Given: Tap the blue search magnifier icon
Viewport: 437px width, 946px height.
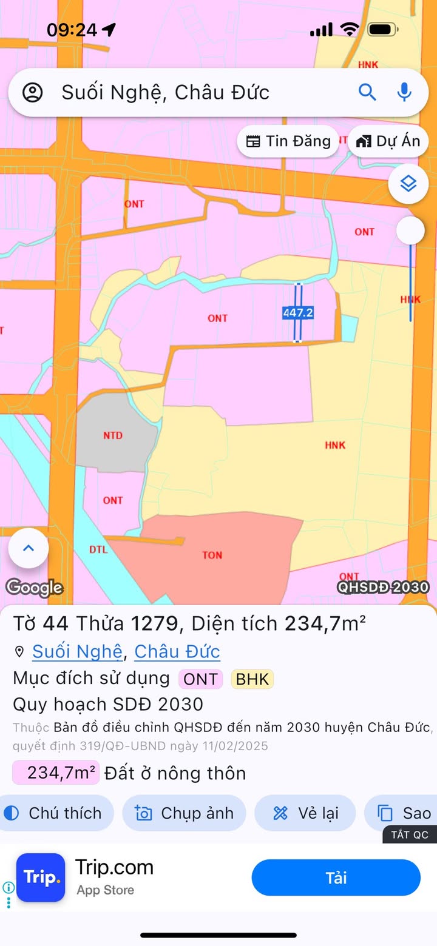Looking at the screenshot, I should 367,92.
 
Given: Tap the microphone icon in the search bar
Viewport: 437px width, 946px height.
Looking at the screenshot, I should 404,92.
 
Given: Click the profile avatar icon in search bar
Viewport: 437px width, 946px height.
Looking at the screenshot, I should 32,93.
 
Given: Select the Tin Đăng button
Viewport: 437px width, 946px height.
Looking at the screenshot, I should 288,141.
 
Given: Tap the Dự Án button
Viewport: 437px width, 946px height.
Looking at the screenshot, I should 388,141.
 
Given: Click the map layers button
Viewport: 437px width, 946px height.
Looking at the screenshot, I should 408,183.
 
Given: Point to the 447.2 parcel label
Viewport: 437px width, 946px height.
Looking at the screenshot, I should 298,313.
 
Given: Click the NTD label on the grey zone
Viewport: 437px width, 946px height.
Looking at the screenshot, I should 113,435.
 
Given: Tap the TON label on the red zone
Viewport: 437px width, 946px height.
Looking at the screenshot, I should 212,555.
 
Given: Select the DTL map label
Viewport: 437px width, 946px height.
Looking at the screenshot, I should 98,550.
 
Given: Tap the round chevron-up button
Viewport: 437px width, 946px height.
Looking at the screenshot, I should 28,548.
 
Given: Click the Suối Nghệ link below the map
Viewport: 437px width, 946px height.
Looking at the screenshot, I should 77,652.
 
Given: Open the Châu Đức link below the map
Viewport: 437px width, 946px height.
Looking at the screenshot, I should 177,652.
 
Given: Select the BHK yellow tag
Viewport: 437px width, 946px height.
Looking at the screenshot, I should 252,679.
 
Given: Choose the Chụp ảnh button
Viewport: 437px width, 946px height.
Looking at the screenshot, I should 185,813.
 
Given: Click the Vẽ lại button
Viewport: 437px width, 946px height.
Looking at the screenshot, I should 305,813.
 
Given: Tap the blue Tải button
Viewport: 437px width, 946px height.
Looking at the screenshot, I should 336,877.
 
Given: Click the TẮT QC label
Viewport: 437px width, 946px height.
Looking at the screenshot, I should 410,835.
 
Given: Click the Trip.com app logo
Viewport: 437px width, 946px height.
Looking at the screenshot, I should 41,877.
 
